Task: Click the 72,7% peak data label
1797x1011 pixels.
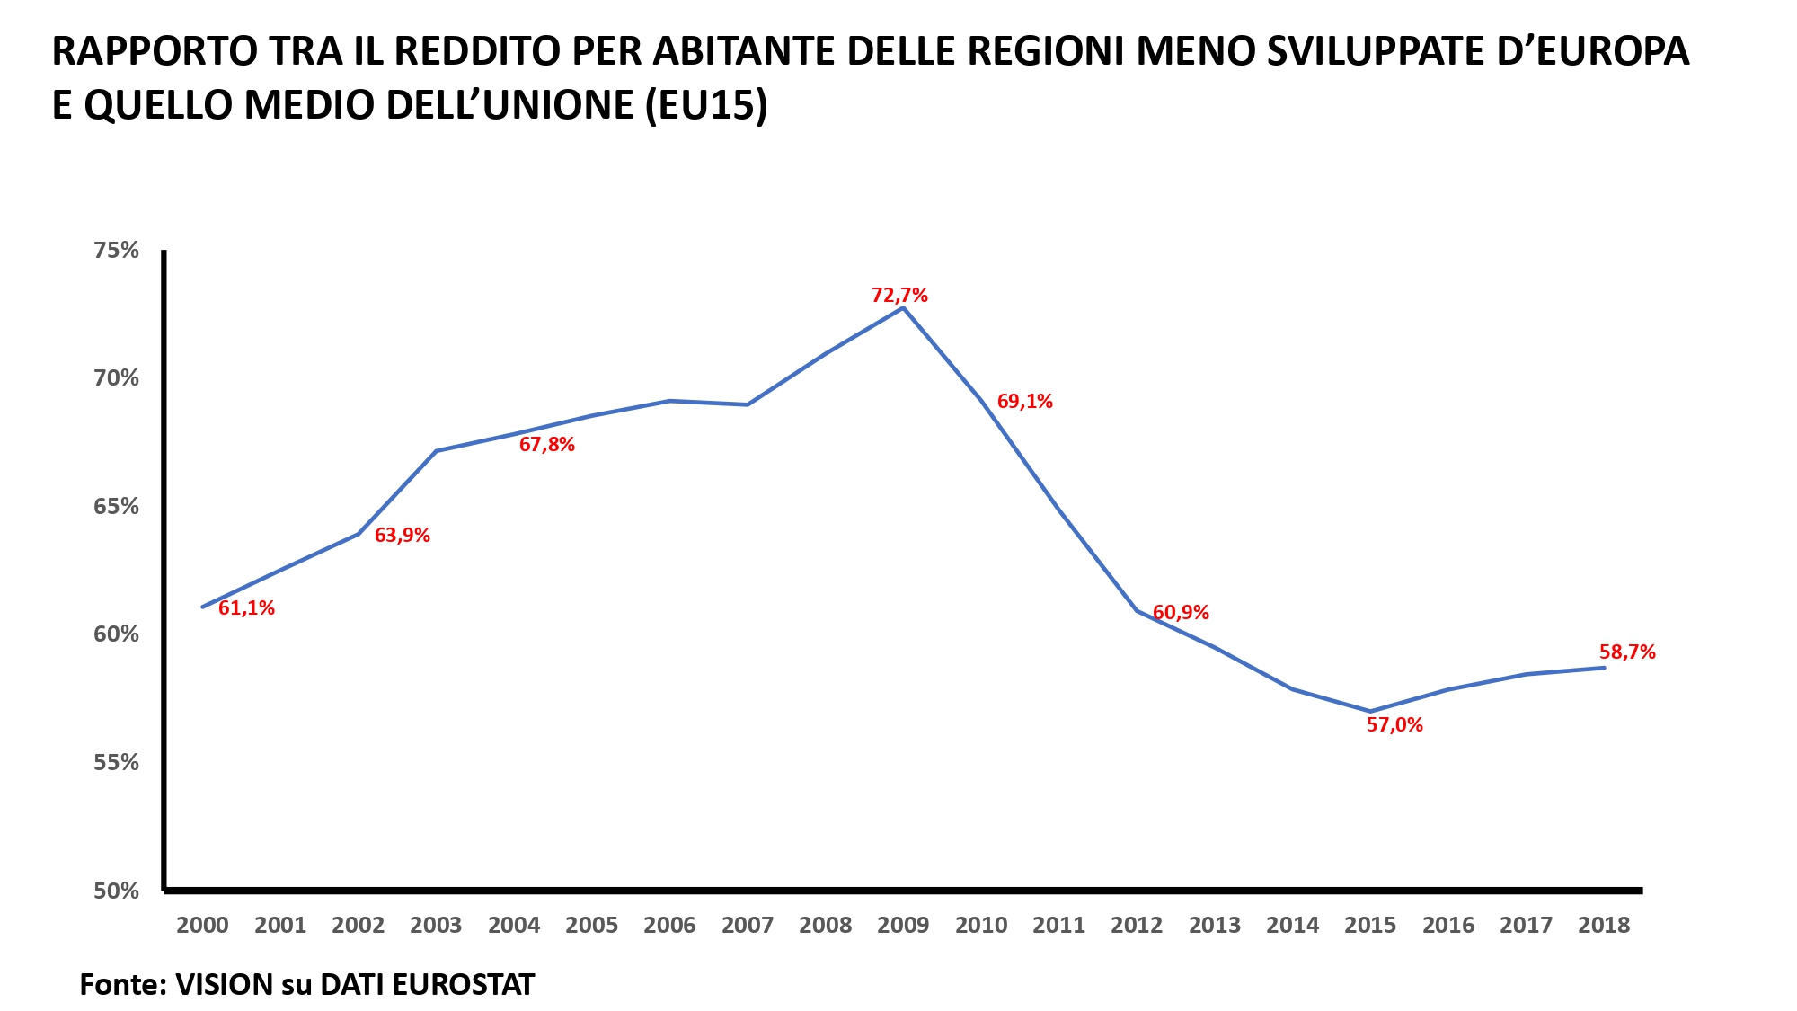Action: click(899, 296)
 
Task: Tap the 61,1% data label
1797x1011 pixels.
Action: click(246, 608)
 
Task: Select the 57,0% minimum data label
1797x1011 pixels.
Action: click(1394, 725)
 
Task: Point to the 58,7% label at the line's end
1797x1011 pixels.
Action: click(1627, 652)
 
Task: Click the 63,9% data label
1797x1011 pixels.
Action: click(402, 536)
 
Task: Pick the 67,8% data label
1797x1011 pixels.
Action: click(546, 445)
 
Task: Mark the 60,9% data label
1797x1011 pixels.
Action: click(1181, 613)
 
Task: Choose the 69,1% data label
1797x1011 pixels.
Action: click(1024, 402)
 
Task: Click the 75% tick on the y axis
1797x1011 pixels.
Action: click(117, 251)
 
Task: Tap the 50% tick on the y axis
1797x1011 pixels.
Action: click(117, 891)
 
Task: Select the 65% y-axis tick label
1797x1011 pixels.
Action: click(117, 507)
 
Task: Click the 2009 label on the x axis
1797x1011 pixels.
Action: click(903, 926)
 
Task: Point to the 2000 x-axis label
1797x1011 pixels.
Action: click(202, 926)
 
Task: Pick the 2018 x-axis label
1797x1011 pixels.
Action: click(1604, 926)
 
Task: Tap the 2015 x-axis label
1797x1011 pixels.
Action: click(1370, 926)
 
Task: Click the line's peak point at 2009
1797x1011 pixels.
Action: click(903, 308)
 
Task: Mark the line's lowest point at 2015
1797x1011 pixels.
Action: click(1370, 711)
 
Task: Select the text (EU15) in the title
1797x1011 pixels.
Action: click(706, 106)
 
